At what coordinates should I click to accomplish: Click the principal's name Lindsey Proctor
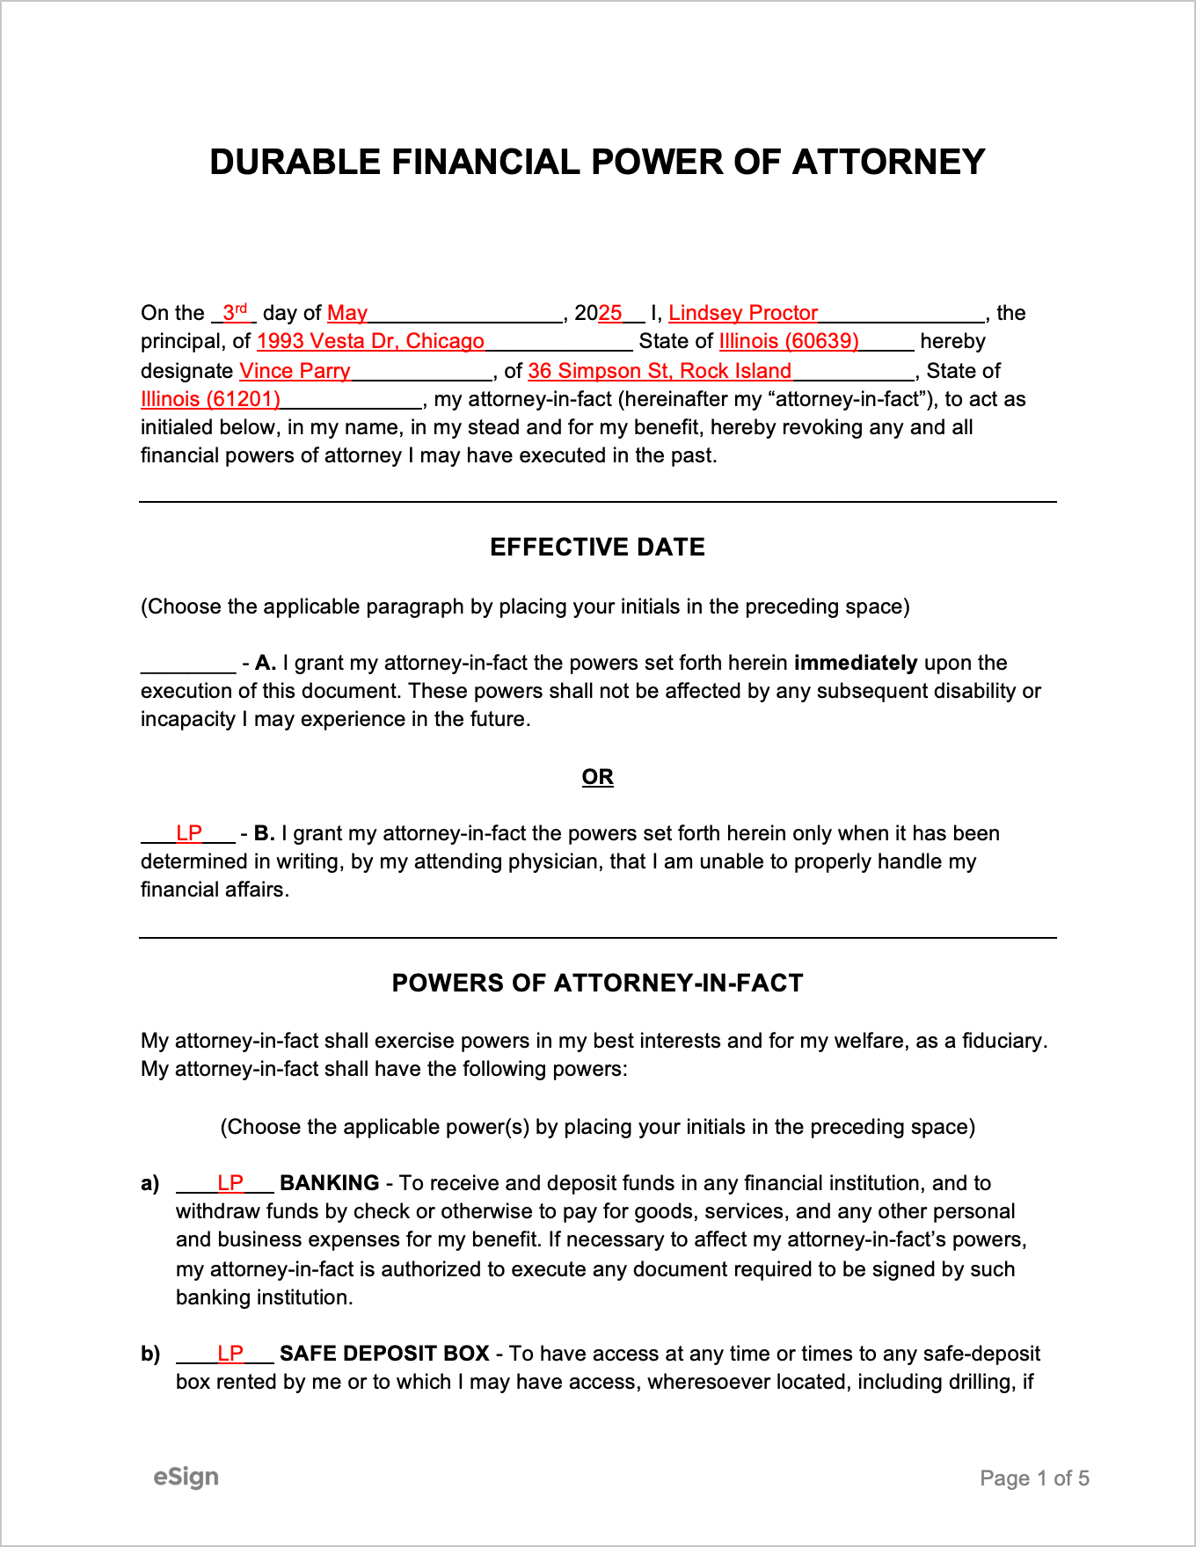coord(743,313)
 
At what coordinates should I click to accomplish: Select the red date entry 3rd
coord(234,312)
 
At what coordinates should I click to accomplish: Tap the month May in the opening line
coord(347,313)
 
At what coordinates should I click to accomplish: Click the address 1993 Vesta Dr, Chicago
coord(370,341)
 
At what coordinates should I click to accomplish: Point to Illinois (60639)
coord(789,341)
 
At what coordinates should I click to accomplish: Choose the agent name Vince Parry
coord(295,371)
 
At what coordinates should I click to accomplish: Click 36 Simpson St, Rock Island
coord(660,371)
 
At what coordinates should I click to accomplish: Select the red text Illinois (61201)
coord(210,399)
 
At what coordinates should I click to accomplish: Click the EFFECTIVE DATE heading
coord(597,547)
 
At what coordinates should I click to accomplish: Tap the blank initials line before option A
coord(188,665)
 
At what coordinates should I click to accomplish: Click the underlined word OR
coord(597,777)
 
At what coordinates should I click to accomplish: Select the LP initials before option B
coord(189,832)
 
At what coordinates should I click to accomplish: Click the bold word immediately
coord(855,663)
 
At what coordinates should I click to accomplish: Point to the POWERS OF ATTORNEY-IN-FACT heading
coord(597,983)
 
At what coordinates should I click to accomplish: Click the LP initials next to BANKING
coord(230,1182)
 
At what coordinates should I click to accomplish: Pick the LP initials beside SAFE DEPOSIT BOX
coord(230,1353)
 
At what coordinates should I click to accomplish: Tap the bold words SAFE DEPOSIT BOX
coord(384,1354)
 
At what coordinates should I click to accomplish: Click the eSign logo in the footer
coord(186,1477)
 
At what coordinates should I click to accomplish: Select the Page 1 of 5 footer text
coord(1034,1478)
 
